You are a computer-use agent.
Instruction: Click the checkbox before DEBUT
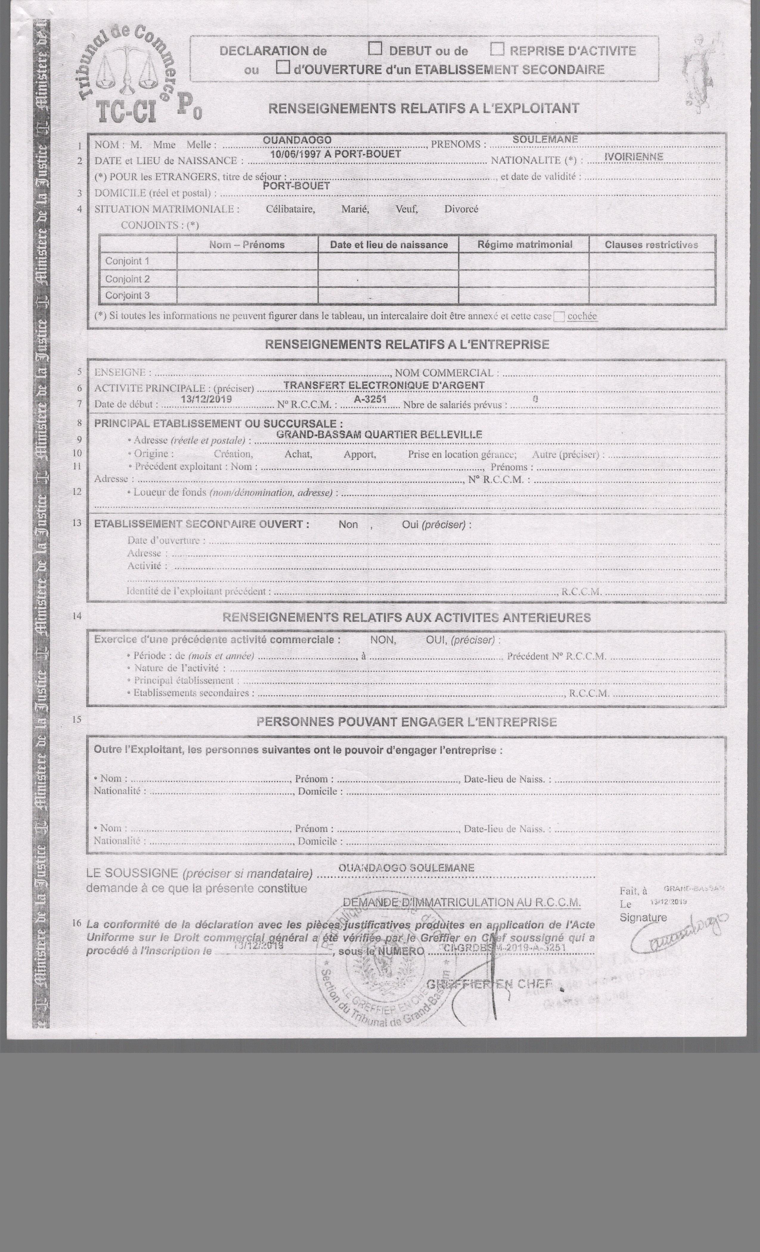click(375, 49)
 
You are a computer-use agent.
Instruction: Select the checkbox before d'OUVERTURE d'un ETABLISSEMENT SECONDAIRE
click(283, 67)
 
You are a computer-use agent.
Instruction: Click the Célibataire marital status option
click(290, 209)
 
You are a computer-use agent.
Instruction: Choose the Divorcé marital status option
click(461, 209)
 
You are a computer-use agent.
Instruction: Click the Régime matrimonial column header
click(524, 244)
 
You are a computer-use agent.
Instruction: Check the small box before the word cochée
click(559, 317)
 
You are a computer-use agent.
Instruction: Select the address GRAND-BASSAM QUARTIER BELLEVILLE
click(379, 434)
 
